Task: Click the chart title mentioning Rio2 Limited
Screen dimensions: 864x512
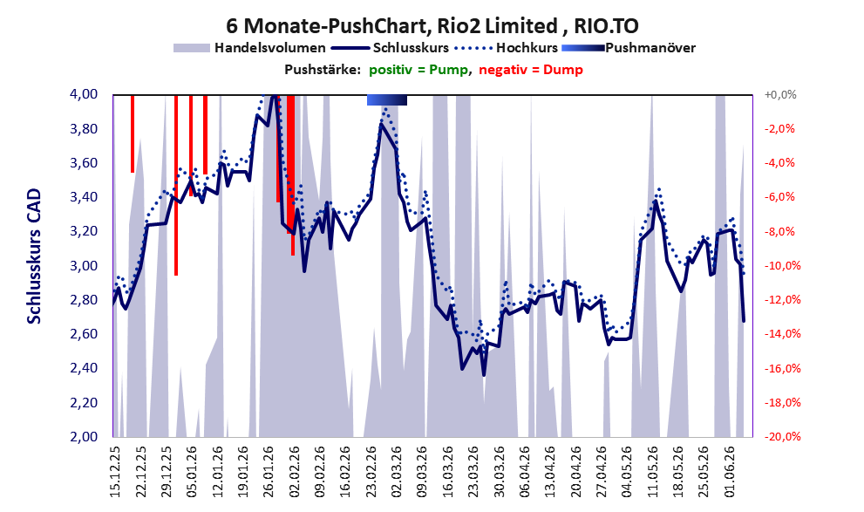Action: pyautogui.click(x=432, y=25)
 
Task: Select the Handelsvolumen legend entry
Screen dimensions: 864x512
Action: pyautogui.click(x=249, y=48)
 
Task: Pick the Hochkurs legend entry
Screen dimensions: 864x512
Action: pyautogui.click(x=506, y=48)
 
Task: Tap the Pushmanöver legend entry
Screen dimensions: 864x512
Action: pyautogui.click(x=628, y=48)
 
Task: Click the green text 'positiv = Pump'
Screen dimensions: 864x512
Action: pyautogui.click(x=418, y=70)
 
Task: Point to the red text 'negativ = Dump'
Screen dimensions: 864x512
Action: pyautogui.click(x=531, y=70)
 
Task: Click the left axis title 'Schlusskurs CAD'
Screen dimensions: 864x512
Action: pyautogui.click(x=34, y=256)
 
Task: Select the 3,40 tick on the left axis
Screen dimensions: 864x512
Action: pyautogui.click(x=84, y=197)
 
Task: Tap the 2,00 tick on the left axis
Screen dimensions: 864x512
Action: pyautogui.click(x=84, y=436)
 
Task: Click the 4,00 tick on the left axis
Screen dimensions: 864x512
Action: pyautogui.click(x=84, y=94)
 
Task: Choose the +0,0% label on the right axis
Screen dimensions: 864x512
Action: pyautogui.click(x=780, y=95)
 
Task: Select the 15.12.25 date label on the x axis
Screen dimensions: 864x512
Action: pyautogui.click(x=114, y=472)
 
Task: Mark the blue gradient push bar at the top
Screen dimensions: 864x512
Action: pyautogui.click(x=387, y=99)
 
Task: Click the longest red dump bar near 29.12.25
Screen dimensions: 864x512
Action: pyautogui.click(x=176, y=185)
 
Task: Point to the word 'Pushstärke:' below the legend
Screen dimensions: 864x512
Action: pyautogui.click(x=323, y=70)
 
